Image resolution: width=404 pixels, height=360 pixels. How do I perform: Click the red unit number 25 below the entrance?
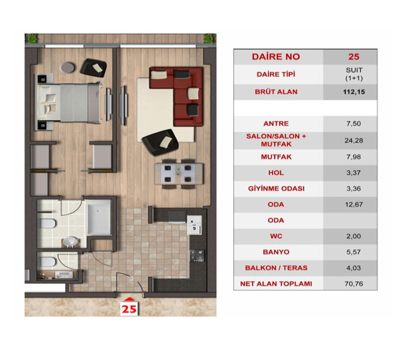[129, 308]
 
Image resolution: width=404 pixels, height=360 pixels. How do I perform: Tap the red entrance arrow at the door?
[129, 298]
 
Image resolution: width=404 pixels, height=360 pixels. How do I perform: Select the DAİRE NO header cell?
[276, 57]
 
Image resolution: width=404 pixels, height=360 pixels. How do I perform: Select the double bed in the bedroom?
[68, 103]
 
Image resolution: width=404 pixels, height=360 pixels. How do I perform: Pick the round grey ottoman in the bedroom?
[68, 67]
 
